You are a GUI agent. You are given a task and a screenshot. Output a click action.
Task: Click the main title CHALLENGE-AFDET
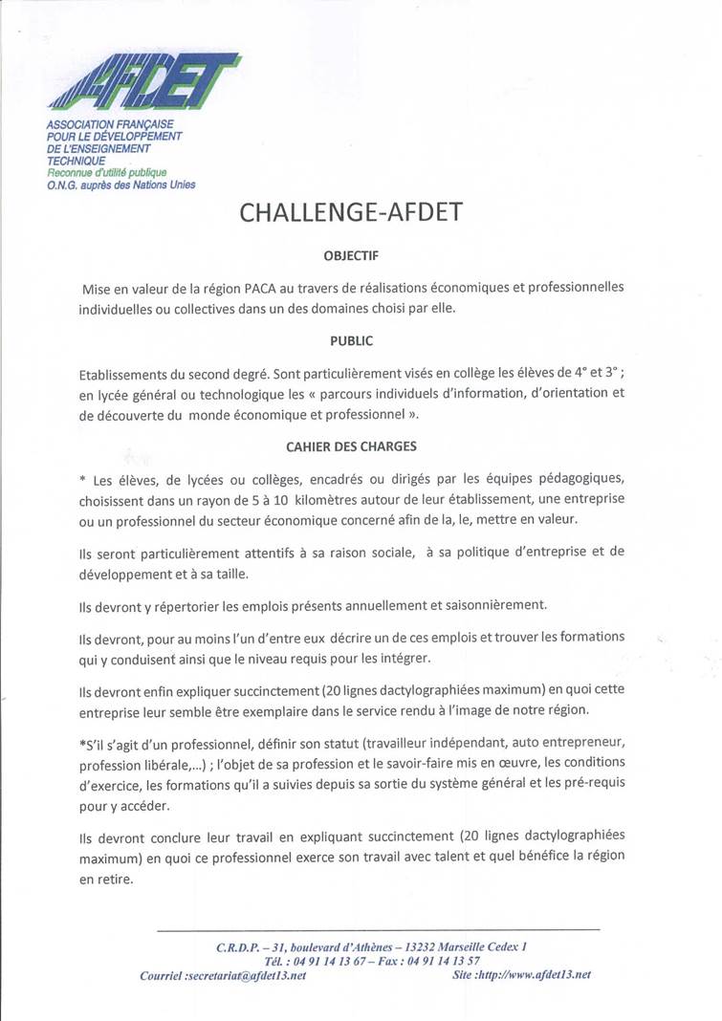[350, 212]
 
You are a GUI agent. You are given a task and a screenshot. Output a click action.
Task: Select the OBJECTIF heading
[350, 255]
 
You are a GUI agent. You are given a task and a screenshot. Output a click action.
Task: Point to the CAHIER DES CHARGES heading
[350, 445]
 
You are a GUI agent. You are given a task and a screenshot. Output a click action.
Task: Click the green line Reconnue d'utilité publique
[106, 173]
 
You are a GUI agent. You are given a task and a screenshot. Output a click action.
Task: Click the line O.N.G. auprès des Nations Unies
[121, 185]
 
